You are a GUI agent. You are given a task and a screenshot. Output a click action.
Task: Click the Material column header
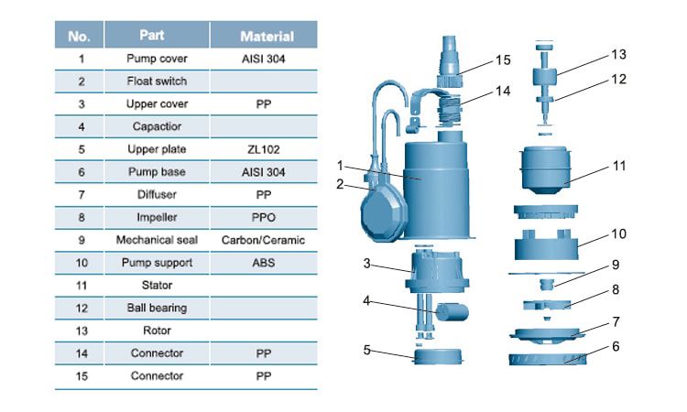[267, 37]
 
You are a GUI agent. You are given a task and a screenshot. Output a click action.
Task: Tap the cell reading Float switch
[157, 81]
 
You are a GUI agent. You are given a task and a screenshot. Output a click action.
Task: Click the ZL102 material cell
[264, 149]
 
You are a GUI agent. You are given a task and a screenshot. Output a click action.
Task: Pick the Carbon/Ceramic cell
[264, 240]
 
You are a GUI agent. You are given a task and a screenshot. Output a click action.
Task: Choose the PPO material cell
[264, 217]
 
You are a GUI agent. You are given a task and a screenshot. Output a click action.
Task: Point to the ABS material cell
[264, 263]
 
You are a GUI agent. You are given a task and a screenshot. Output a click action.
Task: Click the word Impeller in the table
[157, 217]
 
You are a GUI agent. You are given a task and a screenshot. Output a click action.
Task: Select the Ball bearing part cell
[157, 308]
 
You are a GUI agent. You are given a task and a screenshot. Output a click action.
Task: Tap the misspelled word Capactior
[157, 126]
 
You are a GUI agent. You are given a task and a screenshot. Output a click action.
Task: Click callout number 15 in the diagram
[502, 60]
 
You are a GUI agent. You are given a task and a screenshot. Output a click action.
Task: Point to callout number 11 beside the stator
[619, 167]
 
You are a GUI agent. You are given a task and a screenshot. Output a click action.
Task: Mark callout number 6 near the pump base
[616, 346]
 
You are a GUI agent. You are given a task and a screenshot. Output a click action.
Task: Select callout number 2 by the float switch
[340, 184]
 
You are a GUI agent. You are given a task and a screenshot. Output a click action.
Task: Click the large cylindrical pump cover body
[434, 183]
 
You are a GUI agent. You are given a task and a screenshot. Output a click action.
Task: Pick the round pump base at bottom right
[551, 355]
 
